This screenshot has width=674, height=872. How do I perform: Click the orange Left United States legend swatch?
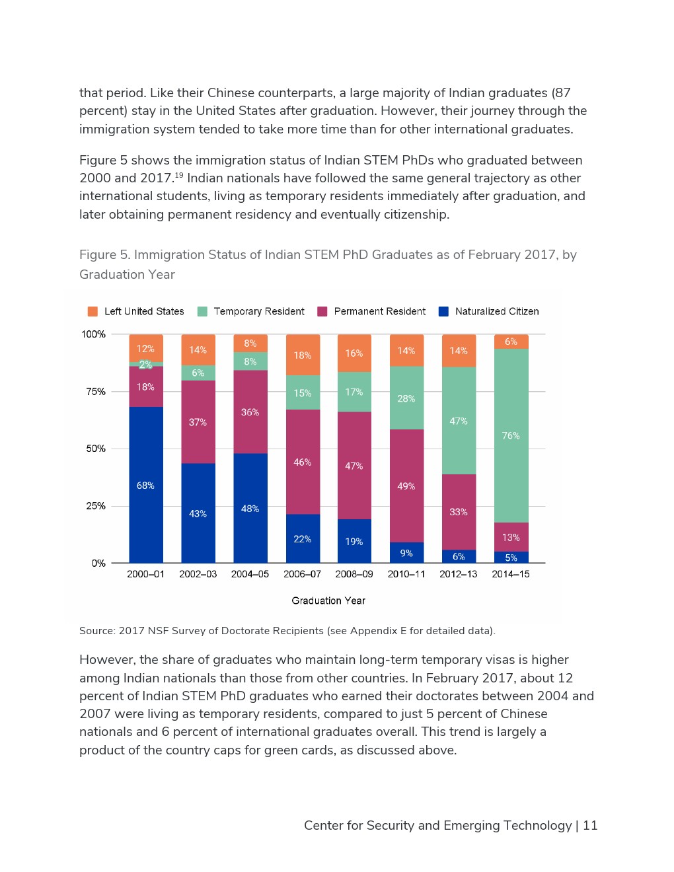point(93,311)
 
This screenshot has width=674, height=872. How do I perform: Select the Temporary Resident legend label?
point(258,311)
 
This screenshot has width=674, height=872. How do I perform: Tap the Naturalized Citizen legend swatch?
point(443,311)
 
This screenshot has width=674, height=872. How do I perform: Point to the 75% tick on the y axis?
point(96,392)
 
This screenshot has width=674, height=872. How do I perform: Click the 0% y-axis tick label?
point(98,563)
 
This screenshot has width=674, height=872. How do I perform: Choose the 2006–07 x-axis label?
point(302,574)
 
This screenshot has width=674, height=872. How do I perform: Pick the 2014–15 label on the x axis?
point(510,574)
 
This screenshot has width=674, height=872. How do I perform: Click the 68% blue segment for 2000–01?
point(146,485)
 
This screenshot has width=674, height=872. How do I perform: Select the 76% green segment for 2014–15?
point(511,435)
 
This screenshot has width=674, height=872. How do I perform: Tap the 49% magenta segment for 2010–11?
point(406,486)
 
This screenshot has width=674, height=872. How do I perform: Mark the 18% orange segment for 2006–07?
point(303,355)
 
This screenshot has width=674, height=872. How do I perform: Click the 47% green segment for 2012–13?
point(459,421)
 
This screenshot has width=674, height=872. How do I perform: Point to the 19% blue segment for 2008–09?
point(354,541)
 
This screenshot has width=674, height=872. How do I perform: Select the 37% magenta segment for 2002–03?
point(198,422)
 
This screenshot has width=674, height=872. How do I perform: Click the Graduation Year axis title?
point(328,600)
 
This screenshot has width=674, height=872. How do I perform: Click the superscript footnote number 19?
point(178,175)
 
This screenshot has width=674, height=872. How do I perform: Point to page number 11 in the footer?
point(590,825)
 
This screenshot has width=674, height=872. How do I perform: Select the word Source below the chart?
point(96,631)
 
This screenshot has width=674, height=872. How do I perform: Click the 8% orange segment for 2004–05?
point(250,343)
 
